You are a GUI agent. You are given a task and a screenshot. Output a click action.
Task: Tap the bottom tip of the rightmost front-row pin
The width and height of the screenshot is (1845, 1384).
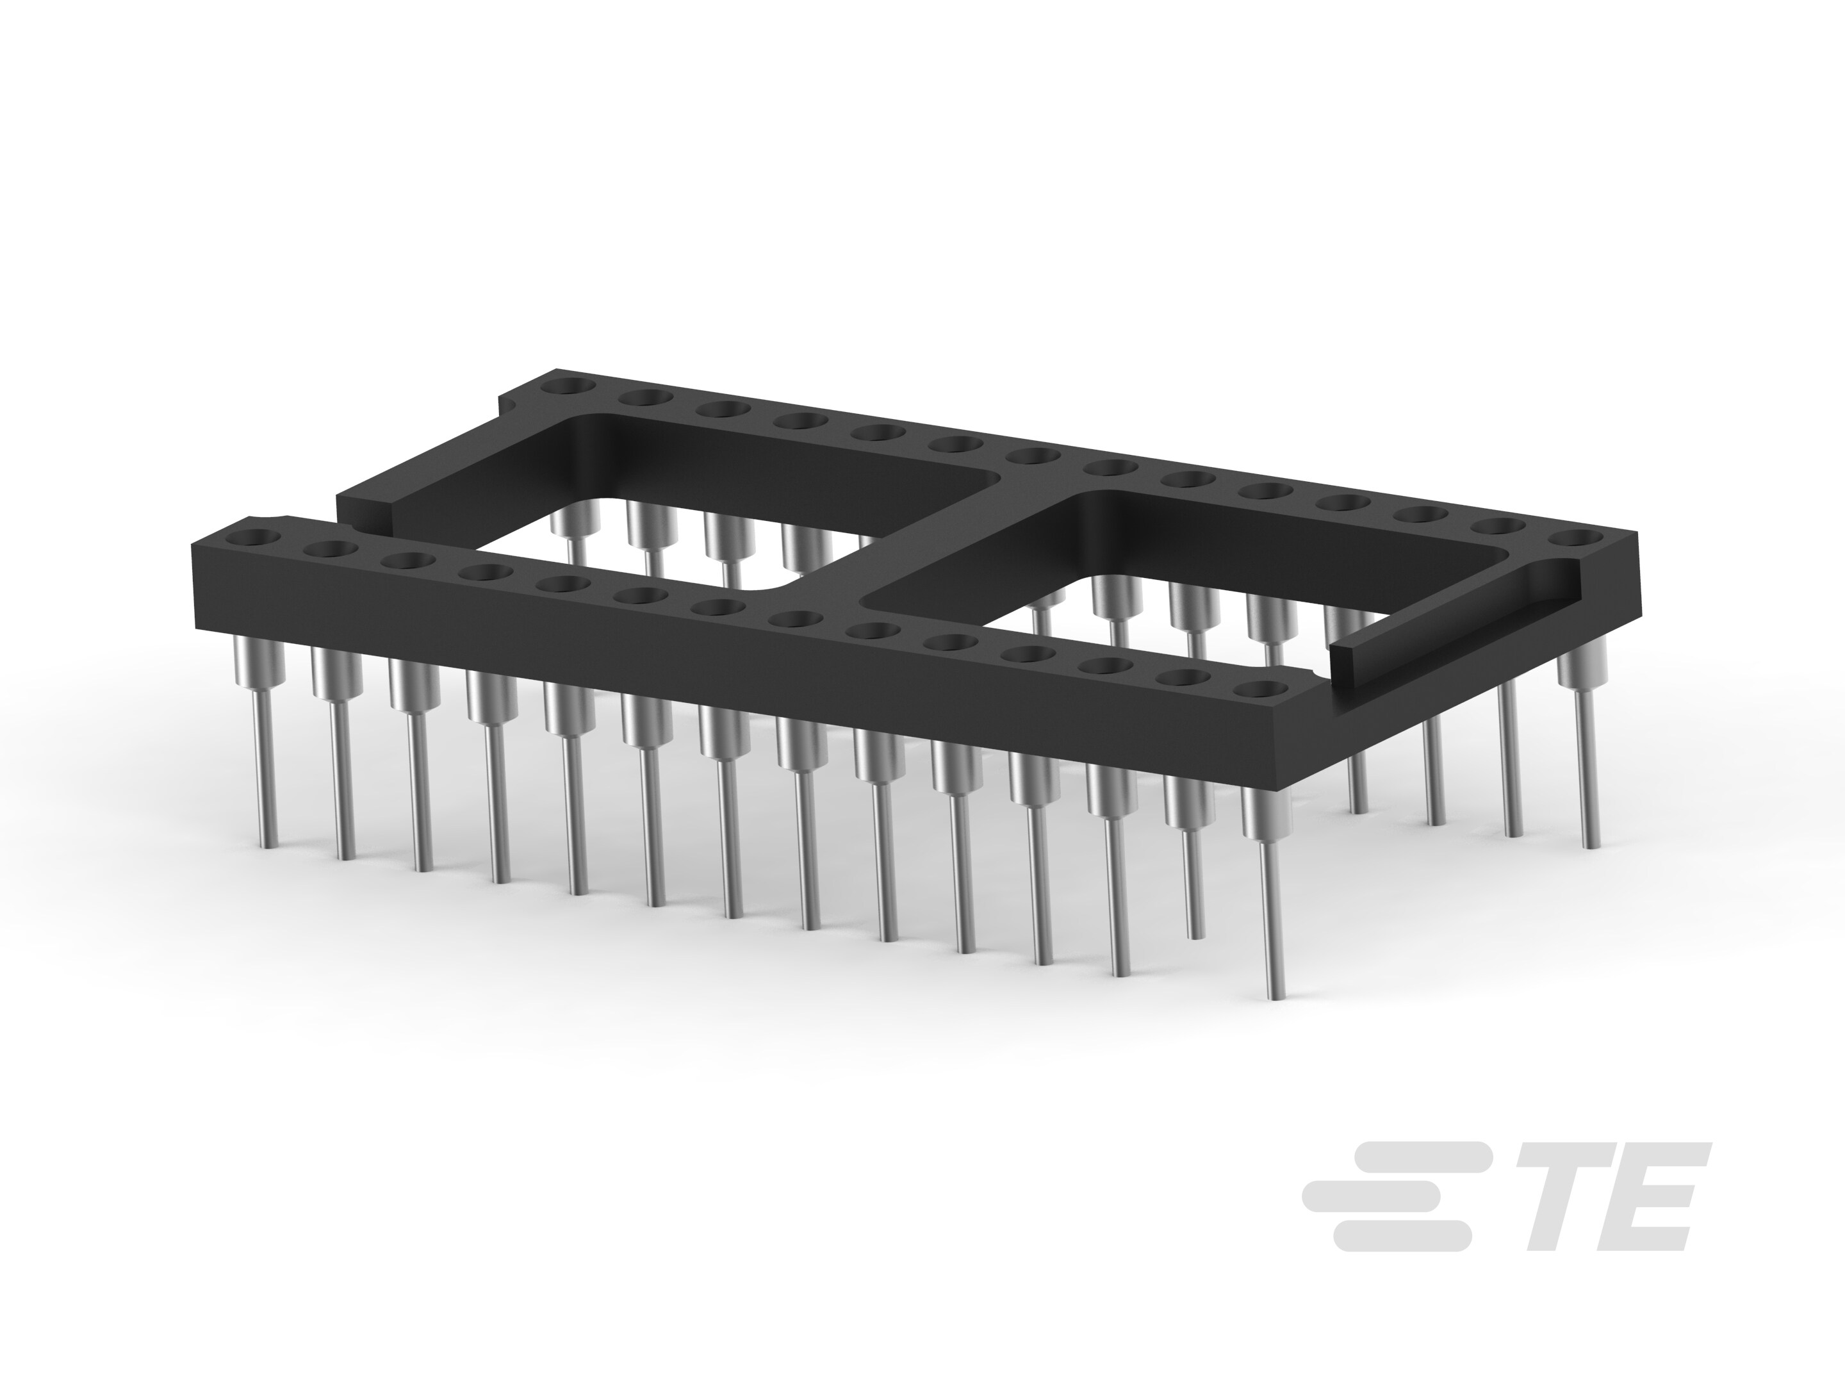[1274, 994]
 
